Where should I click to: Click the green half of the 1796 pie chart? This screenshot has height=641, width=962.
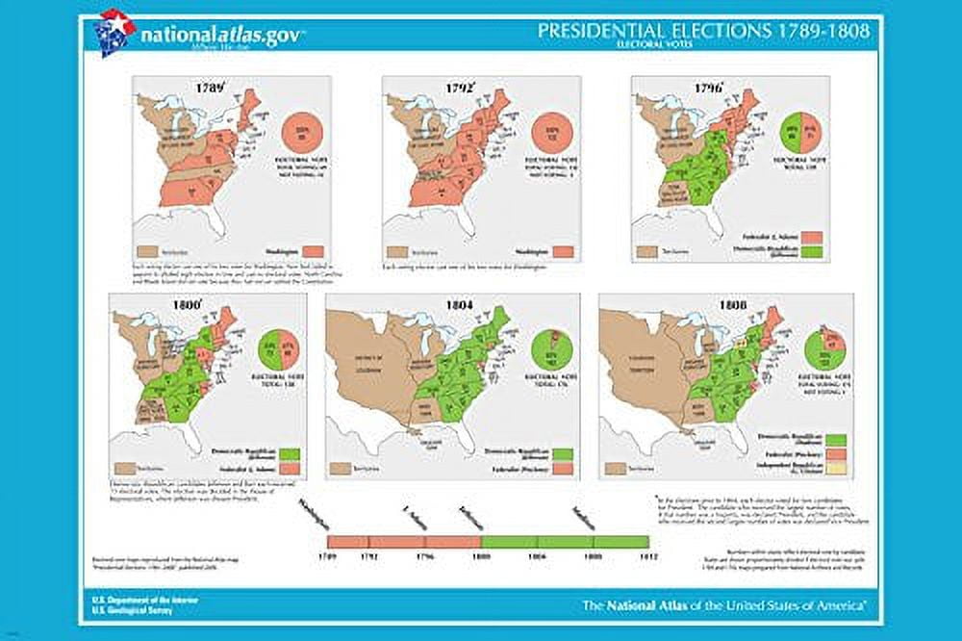click(x=794, y=132)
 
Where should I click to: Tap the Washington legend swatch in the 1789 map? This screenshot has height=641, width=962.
click(x=293, y=251)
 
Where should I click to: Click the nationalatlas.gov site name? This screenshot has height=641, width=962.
click(x=223, y=35)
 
